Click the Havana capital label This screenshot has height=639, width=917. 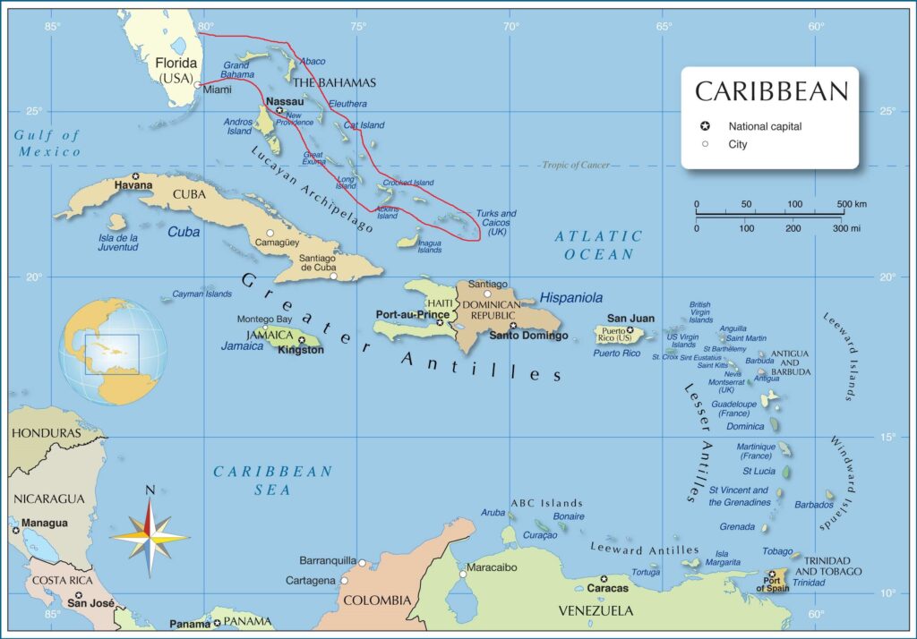click(x=133, y=185)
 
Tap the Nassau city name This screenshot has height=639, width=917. click(x=285, y=102)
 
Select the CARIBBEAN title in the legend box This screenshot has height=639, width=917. click(x=770, y=91)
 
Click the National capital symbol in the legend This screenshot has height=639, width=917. click(x=706, y=126)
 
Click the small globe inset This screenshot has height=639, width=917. click(x=113, y=352)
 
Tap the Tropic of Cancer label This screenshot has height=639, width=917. click(x=575, y=165)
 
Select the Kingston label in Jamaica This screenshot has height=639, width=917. click(x=301, y=350)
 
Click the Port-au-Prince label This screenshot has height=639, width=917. click(x=412, y=315)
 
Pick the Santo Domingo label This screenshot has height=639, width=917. click(x=528, y=336)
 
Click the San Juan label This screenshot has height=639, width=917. click(x=630, y=318)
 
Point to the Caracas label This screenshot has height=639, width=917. click(x=608, y=588)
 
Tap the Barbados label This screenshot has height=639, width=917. click(x=813, y=505)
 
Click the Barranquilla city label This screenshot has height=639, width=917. click(x=327, y=560)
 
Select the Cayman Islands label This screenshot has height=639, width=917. click(x=201, y=294)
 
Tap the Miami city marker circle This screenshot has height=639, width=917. click(x=198, y=86)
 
